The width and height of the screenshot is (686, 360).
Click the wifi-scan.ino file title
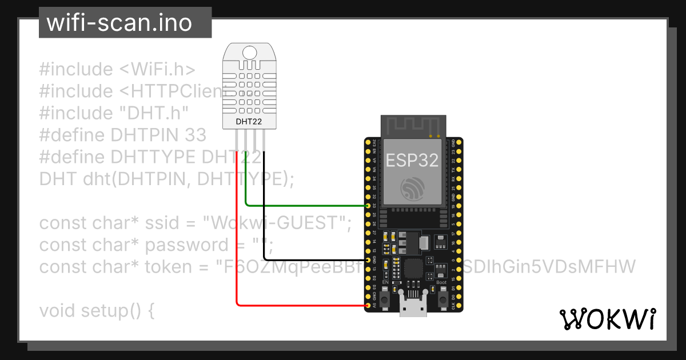pos(119,23)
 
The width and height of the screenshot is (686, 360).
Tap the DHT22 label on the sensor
pos(249,121)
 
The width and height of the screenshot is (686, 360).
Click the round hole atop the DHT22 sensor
pos(249,53)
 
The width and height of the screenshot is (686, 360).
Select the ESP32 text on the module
pos(412,160)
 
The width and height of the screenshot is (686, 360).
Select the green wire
pos(303,205)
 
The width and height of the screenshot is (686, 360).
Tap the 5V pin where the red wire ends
pos(367,306)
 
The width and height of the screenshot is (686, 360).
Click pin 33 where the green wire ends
pos(367,205)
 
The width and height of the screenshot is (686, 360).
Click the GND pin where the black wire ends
pos(367,259)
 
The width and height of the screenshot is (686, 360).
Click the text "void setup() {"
pos(97,311)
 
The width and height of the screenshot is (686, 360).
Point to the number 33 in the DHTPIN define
pos(196,135)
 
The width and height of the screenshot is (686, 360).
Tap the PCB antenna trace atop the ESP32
pos(413,126)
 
